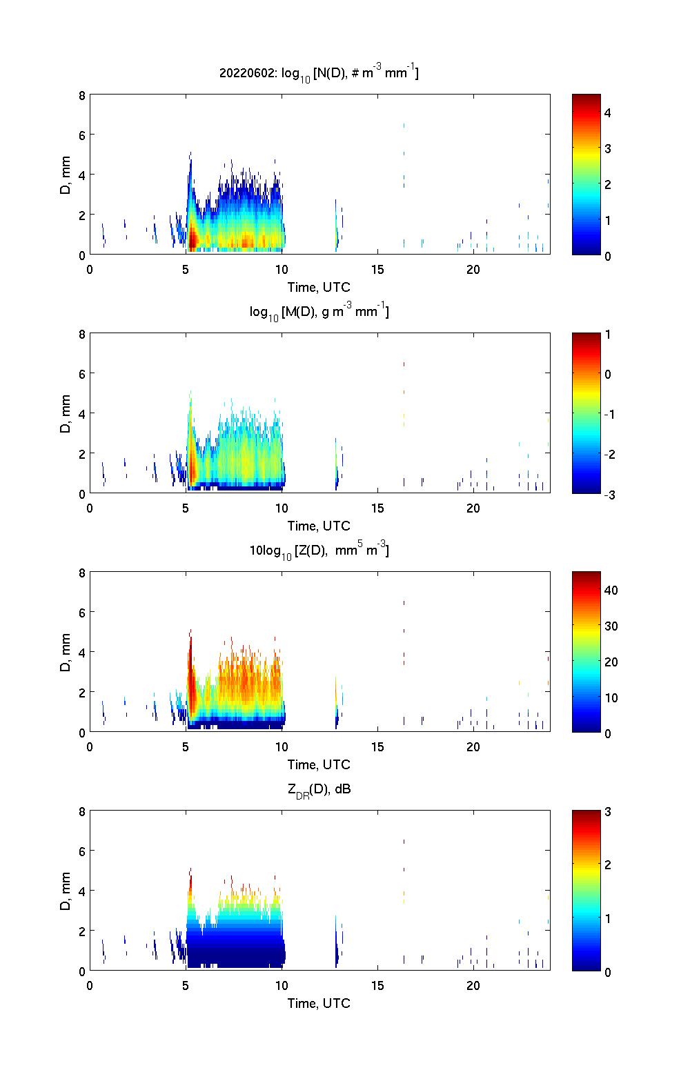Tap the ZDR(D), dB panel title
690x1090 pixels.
click(319, 790)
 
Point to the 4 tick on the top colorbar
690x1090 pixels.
click(608, 112)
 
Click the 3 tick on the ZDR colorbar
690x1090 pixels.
click(608, 812)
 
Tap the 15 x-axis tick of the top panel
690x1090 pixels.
click(377, 269)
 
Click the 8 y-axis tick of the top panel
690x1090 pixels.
click(81, 95)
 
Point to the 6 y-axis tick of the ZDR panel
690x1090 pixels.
click(81, 851)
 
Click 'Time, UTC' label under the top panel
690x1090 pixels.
click(319, 287)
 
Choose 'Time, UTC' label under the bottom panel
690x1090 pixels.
click(319, 1003)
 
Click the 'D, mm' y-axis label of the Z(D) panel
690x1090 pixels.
click(66, 652)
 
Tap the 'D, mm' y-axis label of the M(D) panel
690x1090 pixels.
click(66, 413)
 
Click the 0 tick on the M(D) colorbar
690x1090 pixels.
click(608, 375)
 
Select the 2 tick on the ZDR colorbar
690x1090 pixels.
click(608, 865)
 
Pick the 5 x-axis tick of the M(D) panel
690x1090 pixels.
click(186, 508)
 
